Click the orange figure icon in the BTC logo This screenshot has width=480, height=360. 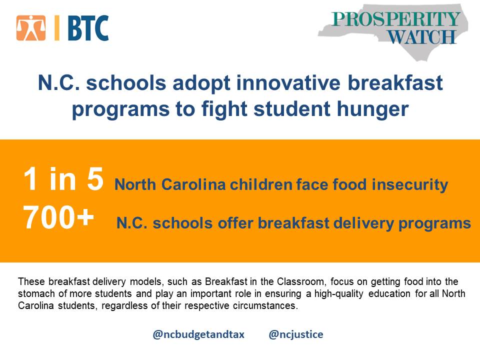[x=31, y=28]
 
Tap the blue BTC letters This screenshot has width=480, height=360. [x=88, y=28]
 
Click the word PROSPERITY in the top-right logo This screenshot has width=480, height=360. [x=396, y=19]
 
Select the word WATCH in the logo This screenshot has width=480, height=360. [x=422, y=37]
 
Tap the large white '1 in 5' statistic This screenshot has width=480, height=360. [x=63, y=179]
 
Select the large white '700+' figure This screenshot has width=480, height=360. [x=58, y=217]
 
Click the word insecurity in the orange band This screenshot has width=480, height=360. [x=410, y=184]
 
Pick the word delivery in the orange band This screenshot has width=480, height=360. [x=363, y=223]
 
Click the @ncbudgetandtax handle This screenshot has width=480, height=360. [x=198, y=334]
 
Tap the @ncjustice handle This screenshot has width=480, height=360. [x=295, y=334]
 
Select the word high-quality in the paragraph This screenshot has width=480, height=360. [x=339, y=294]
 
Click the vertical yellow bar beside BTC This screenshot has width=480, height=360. [x=56, y=28]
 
